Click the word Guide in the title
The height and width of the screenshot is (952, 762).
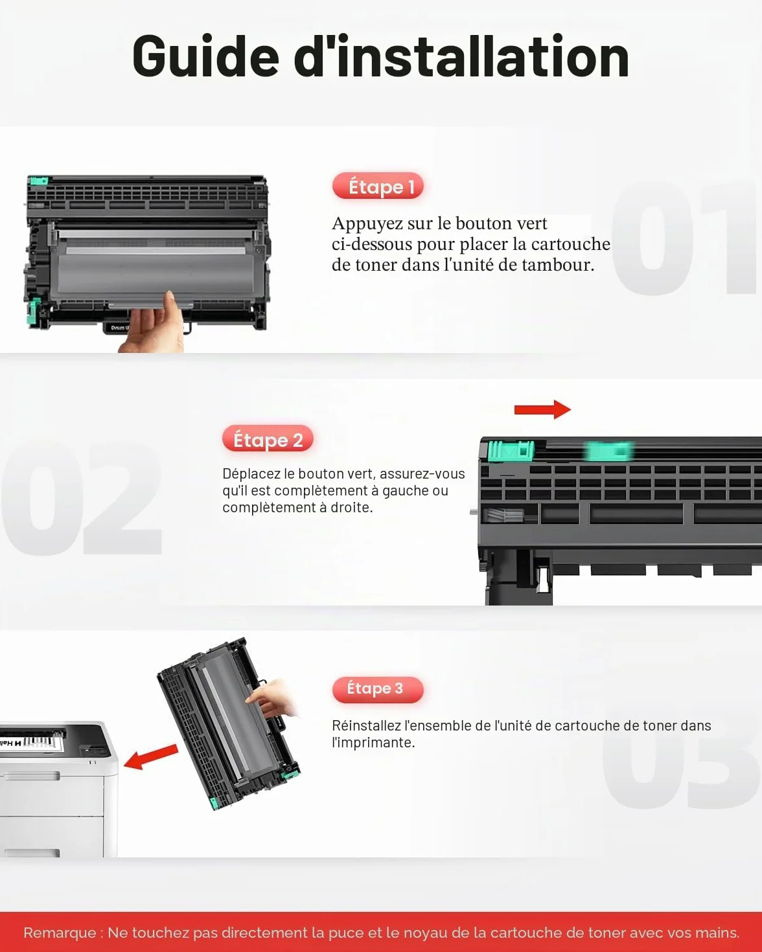point(206,56)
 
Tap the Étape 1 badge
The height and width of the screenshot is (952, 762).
point(378,186)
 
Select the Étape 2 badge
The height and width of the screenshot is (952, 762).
point(268,439)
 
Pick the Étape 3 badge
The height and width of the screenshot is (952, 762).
point(378,690)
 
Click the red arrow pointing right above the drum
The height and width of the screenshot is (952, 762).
point(542,410)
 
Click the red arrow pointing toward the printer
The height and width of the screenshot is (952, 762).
point(150,756)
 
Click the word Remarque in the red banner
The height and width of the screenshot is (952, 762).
point(60,933)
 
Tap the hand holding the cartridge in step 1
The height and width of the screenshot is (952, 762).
point(154,324)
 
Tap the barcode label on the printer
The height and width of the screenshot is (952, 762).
point(29,740)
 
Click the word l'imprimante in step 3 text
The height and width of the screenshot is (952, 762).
point(373,743)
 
